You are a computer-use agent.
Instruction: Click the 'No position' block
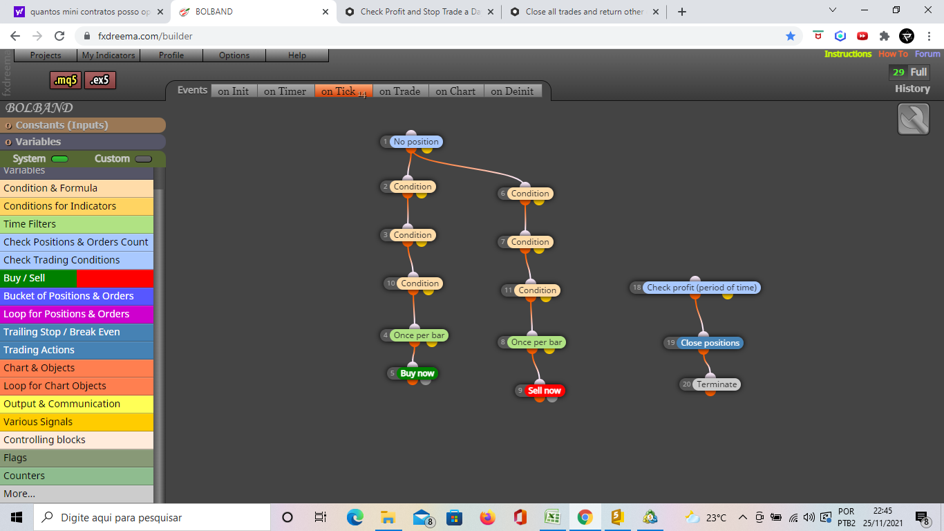click(x=416, y=142)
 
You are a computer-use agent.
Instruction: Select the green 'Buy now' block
click(x=417, y=373)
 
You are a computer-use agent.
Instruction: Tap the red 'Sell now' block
click(x=544, y=391)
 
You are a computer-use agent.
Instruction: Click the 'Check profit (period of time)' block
click(x=701, y=288)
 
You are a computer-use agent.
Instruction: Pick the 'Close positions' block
click(x=710, y=343)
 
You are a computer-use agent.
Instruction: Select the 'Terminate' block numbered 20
click(x=717, y=384)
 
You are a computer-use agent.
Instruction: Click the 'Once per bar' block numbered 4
click(x=419, y=335)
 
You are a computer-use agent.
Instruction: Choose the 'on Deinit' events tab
click(x=512, y=91)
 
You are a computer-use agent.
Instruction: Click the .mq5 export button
click(x=66, y=80)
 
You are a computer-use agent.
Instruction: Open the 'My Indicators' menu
click(x=108, y=55)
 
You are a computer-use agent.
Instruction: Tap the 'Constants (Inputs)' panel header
click(x=83, y=125)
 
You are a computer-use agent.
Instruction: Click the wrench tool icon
click(x=913, y=120)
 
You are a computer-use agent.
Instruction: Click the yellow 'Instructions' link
click(x=847, y=54)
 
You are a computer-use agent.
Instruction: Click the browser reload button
click(x=59, y=36)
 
